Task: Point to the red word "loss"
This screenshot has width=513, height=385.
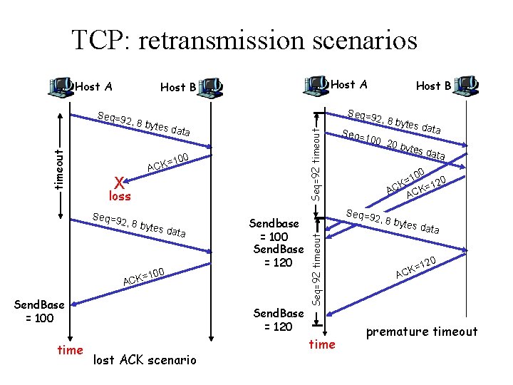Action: [118, 195]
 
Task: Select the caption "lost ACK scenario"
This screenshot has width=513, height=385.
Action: [145, 360]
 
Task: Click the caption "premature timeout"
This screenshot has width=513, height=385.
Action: [422, 332]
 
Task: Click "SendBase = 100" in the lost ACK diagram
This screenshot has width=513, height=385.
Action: [39, 311]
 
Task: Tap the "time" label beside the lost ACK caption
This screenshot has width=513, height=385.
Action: [70, 349]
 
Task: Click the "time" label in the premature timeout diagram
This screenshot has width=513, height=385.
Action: [321, 344]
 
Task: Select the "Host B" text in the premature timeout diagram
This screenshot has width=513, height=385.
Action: [433, 86]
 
